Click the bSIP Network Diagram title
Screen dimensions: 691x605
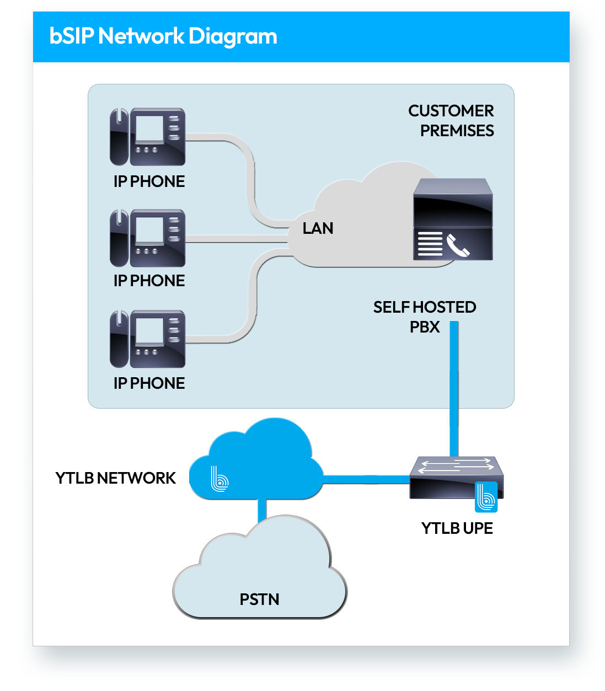(x=163, y=36)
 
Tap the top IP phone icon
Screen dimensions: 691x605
(x=148, y=137)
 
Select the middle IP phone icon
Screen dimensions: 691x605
(x=148, y=238)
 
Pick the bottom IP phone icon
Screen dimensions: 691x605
(x=148, y=339)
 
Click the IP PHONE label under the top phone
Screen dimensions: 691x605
(x=149, y=181)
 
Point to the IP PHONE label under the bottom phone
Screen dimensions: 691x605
(x=149, y=383)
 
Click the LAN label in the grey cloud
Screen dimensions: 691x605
(x=318, y=228)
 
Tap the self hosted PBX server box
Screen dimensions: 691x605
(x=453, y=219)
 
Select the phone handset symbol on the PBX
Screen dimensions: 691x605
(x=458, y=245)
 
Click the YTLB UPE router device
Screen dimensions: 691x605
(x=455, y=478)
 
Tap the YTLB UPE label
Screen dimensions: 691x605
(x=457, y=528)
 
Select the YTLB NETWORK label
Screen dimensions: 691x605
(x=116, y=478)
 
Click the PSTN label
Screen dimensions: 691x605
(x=259, y=599)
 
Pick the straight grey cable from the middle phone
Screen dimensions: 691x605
(x=237, y=239)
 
